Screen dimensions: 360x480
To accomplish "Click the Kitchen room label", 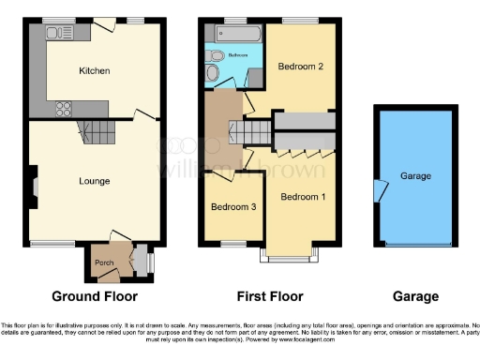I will [94, 70].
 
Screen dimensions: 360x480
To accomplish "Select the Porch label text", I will [103, 263].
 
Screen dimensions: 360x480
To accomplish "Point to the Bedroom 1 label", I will [304, 197].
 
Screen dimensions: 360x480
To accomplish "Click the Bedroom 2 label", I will [300, 67].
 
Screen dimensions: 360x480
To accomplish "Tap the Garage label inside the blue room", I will [415, 176].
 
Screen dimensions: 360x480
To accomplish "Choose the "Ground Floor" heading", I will [94, 297].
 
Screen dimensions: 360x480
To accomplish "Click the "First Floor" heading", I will [270, 297].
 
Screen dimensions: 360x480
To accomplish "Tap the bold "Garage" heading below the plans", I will [415, 297].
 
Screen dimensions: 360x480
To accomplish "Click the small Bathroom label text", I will [238, 56].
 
